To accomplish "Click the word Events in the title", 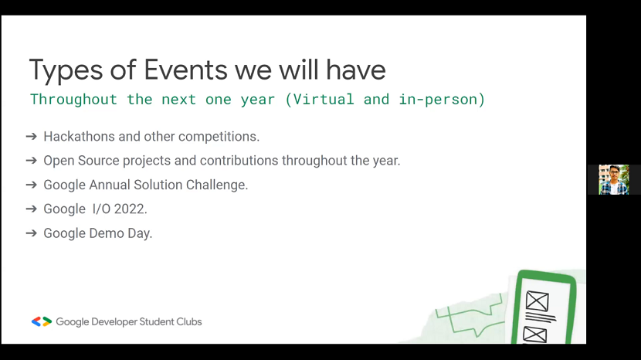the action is click(185, 70).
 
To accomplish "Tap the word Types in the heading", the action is click(66, 71).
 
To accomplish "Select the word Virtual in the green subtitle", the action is click(324, 99).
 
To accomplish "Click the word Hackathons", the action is click(80, 136).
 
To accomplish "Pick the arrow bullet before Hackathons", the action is click(32, 136).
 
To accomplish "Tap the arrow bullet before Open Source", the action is click(32, 161).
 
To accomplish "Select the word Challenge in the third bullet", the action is click(217, 185).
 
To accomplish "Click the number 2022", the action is click(131, 209).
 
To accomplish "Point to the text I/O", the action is click(101, 209).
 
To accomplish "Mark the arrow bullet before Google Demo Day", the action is click(32, 233).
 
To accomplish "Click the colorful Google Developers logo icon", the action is click(42, 321).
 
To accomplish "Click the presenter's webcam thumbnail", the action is click(614, 179).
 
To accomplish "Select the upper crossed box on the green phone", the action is click(538, 301).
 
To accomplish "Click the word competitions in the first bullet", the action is click(219, 137).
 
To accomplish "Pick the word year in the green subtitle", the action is click(257, 100).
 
